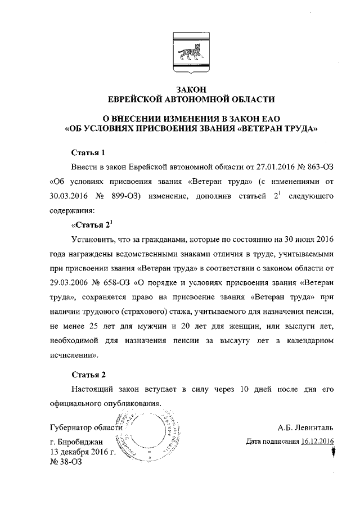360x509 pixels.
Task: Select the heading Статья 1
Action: coord(88,153)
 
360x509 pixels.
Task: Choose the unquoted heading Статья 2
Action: coord(88,375)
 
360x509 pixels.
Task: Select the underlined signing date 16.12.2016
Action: coord(317,442)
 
